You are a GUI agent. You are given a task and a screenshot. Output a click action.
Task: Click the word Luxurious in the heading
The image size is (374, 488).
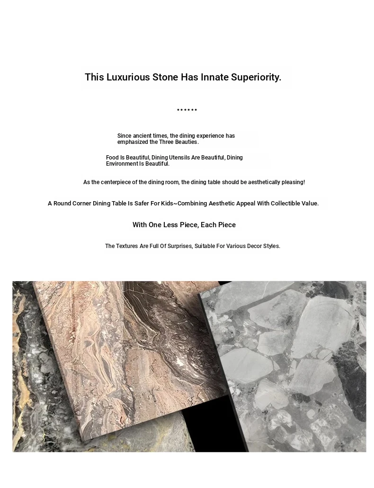point(128,77)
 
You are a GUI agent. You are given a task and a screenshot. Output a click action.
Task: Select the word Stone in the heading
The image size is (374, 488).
point(165,77)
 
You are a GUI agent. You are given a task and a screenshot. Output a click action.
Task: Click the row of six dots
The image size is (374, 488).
point(187,110)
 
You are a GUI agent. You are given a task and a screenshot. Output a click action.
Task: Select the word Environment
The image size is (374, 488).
point(122,164)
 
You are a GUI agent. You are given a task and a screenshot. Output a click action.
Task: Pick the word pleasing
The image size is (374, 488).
point(293,182)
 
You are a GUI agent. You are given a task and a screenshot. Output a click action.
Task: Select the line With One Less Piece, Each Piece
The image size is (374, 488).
point(184,225)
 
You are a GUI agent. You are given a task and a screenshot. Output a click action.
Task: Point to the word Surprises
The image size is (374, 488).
point(180,246)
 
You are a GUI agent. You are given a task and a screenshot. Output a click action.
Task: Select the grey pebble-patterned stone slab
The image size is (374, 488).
point(294,360)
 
